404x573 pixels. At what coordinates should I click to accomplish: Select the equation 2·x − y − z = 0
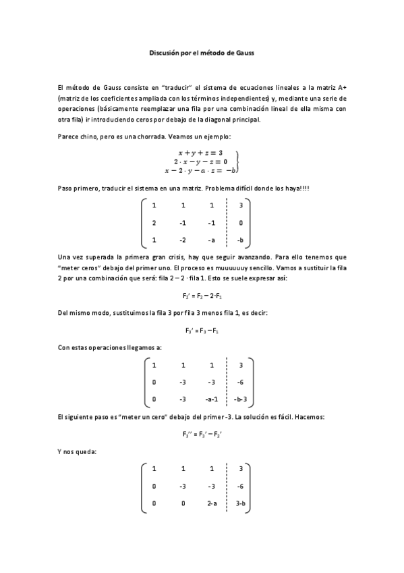pyautogui.click(x=201, y=161)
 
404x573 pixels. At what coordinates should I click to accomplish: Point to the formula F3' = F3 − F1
pyautogui.click(x=202, y=330)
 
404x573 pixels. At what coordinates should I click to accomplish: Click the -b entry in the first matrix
pyautogui.click(x=241, y=240)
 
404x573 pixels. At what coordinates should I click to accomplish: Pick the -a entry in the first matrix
pyautogui.click(x=212, y=240)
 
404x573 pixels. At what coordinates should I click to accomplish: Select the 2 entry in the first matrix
pyautogui.click(x=154, y=222)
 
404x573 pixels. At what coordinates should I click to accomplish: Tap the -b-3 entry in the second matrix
pyautogui.click(x=241, y=399)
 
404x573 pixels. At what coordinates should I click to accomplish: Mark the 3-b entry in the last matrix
pyautogui.click(x=241, y=503)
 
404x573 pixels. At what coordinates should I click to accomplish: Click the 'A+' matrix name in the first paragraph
pyautogui.click(x=342, y=89)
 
